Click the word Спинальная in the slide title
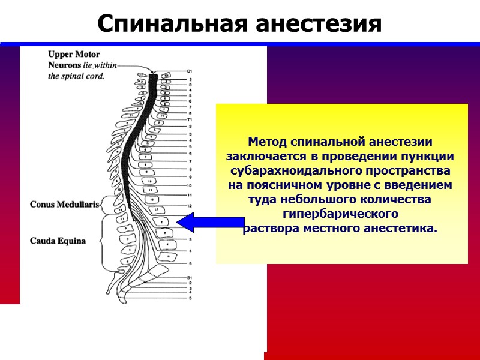click(x=171, y=24)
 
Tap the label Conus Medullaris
click(x=64, y=204)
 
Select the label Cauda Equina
click(x=58, y=241)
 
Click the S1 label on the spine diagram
click(x=189, y=277)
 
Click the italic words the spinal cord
click(x=76, y=76)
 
